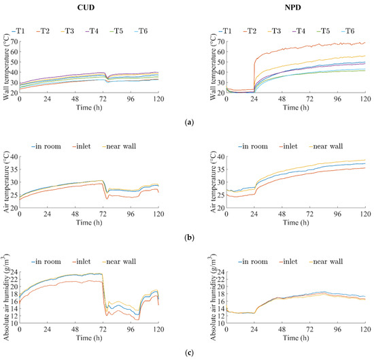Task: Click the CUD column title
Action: [x=95, y=9]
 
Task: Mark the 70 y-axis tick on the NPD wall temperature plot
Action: [x=213, y=43]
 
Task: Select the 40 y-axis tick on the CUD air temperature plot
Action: [x=14, y=157]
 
